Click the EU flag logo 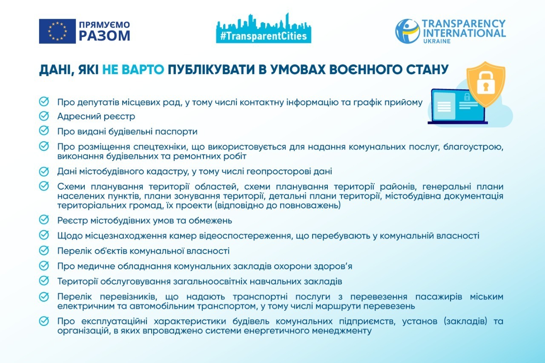click(x=57, y=31)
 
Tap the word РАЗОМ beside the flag click(x=105, y=36)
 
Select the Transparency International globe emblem click(x=407, y=31)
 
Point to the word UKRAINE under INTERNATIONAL click(x=437, y=41)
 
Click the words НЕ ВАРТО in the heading click(x=133, y=69)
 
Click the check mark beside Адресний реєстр click(x=44, y=116)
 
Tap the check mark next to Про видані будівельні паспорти click(x=44, y=131)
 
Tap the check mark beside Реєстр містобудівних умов click(x=44, y=220)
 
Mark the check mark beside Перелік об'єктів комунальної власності click(x=44, y=250)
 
